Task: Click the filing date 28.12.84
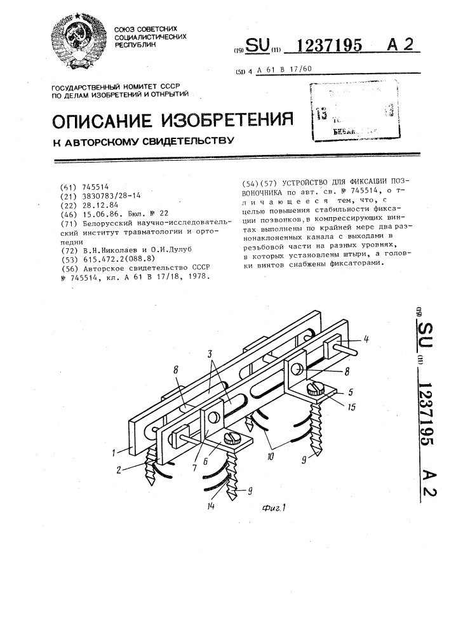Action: [x=100, y=206]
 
